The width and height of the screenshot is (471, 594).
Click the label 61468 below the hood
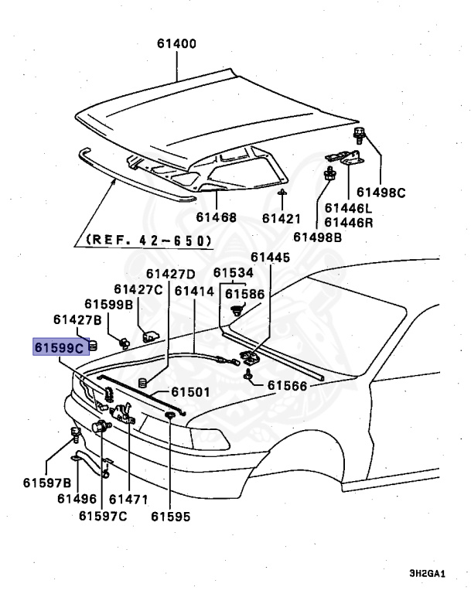click(216, 217)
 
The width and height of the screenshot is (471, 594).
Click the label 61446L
click(349, 208)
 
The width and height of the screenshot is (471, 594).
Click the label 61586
click(244, 295)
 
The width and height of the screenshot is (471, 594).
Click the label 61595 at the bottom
click(170, 516)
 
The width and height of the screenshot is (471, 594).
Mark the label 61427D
click(172, 274)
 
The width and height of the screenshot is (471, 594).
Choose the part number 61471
click(128, 499)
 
